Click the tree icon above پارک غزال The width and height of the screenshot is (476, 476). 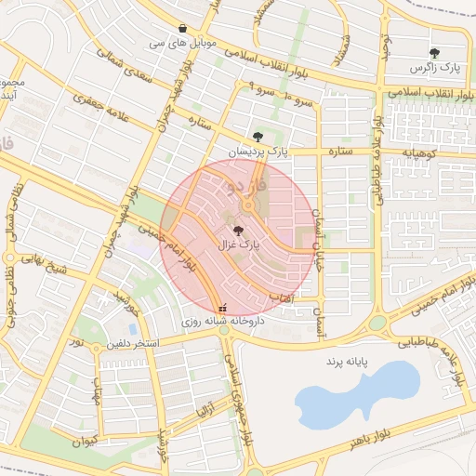(x=239, y=229)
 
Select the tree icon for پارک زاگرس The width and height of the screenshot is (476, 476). (x=434, y=54)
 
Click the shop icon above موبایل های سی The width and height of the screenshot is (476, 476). (x=182, y=29)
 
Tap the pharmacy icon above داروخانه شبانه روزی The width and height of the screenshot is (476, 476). (x=221, y=308)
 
